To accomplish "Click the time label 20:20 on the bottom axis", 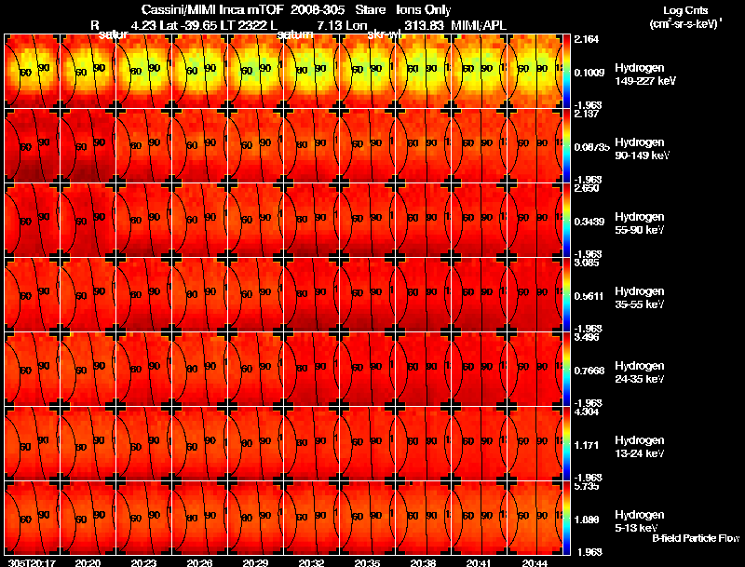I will (88, 562).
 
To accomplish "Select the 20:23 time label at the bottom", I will (143, 562).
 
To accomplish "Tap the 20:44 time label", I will (535, 562).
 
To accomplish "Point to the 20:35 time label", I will (367, 562).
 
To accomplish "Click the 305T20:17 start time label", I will (31, 562).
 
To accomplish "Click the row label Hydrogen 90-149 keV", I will (640, 149).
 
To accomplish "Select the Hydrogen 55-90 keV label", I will (640, 223).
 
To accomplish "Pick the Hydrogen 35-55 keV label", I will (640, 298).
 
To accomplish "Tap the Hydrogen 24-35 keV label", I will (640, 372).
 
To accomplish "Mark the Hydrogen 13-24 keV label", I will (640, 447).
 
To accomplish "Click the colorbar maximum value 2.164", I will (588, 40).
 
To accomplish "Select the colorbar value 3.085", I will (588, 263).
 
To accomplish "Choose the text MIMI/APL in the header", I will (480, 24).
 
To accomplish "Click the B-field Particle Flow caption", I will (695, 538).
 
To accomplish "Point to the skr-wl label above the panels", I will (384, 34).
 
